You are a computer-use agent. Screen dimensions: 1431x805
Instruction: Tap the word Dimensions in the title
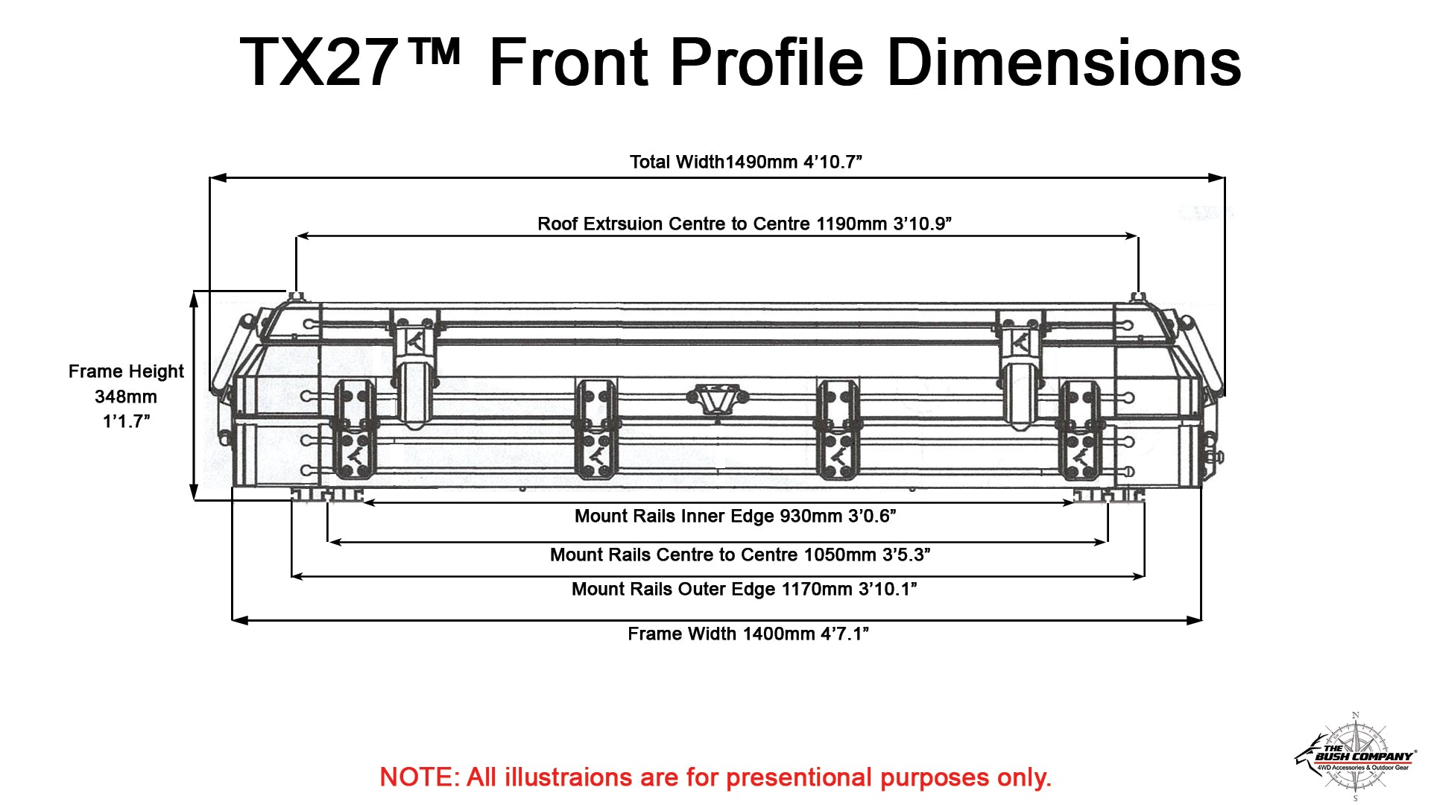pyautogui.click(x=1064, y=63)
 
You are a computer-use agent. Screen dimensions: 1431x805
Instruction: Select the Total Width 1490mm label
pyautogui.click(x=746, y=162)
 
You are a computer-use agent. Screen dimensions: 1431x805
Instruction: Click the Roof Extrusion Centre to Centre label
pyautogui.click(x=745, y=224)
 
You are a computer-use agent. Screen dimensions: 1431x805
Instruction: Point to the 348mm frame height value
pyautogui.click(x=126, y=397)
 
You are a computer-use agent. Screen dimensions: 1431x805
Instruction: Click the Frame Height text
pyautogui.click(x=126, y=371)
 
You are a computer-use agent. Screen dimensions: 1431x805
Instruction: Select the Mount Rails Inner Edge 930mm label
pyautogui.click(x=736, y=516)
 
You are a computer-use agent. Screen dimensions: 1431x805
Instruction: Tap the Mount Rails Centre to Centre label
pyautogui.click(x=740, y=555)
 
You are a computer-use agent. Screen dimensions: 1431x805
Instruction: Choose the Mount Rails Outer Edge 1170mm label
pyautogui.click(x=744, y=589)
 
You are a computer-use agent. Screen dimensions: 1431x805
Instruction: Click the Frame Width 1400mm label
pyautogui.click(x=748, y=634)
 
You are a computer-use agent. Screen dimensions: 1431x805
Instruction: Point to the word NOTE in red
pyautogui.click(x=420, y=777)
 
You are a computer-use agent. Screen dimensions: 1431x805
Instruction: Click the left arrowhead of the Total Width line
pyautogui.click(x=218, y=178)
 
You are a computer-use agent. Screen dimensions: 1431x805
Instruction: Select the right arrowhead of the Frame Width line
pyautogui.click(x=1193, y=619)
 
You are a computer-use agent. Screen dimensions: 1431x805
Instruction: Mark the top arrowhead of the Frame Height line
pyautogui.click(x=195, y=299)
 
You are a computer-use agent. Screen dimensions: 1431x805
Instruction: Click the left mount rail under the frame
pyautogui.click(x=326, y=495)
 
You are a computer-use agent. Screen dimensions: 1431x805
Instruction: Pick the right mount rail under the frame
pyautogui.click(x=1108, y=495)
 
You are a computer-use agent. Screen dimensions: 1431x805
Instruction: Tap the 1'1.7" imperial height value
pyautogui.click(x=126, y=421)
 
